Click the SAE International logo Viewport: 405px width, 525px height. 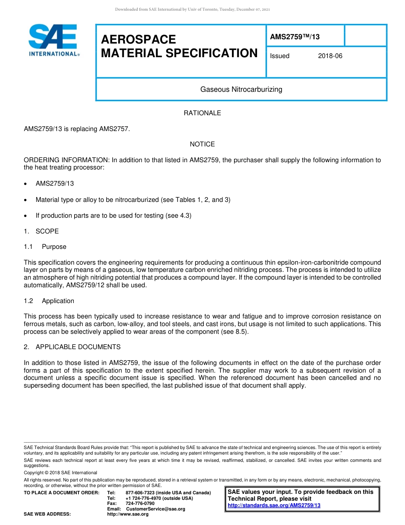click(x=53, y=40)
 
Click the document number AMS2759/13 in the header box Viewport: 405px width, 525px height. click(x=295, y=37)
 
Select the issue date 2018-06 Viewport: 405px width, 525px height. click(x=330, y=56)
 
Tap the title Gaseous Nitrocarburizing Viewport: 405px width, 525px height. click(x=241, y=90)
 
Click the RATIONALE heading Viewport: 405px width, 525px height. click(x=202, y=113)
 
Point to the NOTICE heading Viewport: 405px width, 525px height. click(x=202, y=144)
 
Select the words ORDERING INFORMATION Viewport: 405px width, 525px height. click(x=67, y=160)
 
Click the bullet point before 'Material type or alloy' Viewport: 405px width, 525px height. click(x=26, y=200)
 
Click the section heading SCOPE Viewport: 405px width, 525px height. click(x=47, y=231)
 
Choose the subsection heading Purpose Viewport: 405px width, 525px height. click(x=54, y=247)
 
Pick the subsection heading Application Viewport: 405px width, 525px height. click(x=58, y=301)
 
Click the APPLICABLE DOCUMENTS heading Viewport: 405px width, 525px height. click(x=78, y=347)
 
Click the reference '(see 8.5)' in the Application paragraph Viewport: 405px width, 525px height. click(x=234, y=332)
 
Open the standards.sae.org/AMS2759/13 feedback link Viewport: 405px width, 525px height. click(x=274, y=505)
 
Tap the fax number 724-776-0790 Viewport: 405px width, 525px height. click(x=140, y=504)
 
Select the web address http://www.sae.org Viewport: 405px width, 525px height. click(x=127, y=514)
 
